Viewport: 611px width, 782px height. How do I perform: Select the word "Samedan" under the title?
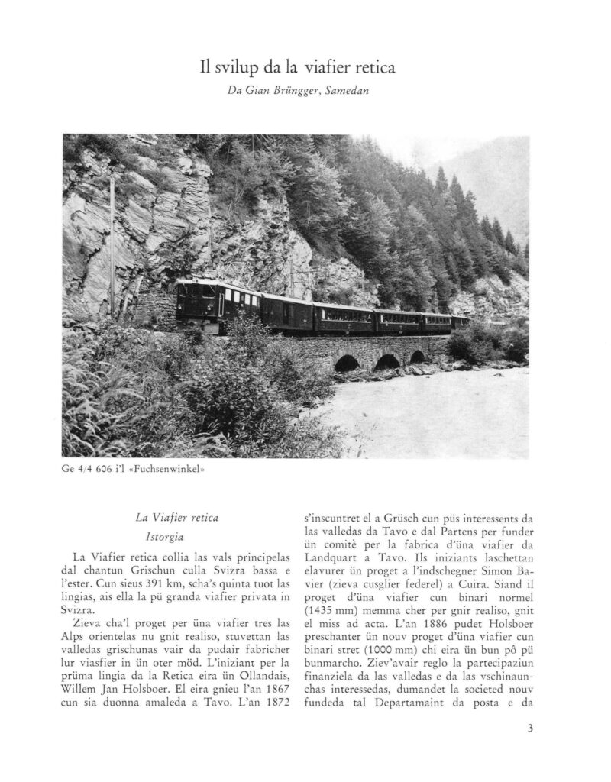pos(351,92)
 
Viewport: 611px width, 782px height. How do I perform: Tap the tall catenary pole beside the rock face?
pos(112,244)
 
